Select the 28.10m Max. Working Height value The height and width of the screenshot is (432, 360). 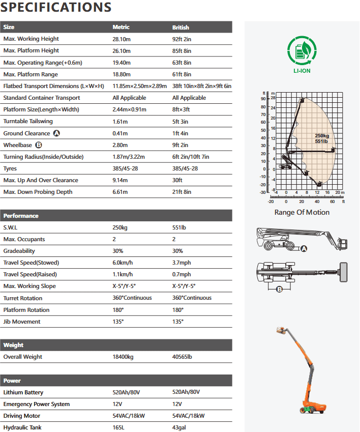122,39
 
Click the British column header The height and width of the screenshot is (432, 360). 181,27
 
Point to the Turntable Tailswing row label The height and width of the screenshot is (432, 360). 28,122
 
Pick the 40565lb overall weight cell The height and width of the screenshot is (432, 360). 182,357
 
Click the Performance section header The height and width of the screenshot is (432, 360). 21,216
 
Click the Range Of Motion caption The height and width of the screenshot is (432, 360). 302,212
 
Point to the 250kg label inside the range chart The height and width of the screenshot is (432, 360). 322,136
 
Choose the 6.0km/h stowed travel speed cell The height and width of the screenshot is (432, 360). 122,263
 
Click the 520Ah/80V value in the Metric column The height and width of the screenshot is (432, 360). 127,392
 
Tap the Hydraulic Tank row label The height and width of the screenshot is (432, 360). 22,428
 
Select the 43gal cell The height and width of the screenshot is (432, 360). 179,428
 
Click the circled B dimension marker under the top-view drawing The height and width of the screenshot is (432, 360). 279,290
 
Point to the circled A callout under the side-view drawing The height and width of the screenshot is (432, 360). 304,249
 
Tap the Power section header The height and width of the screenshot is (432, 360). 12,381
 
